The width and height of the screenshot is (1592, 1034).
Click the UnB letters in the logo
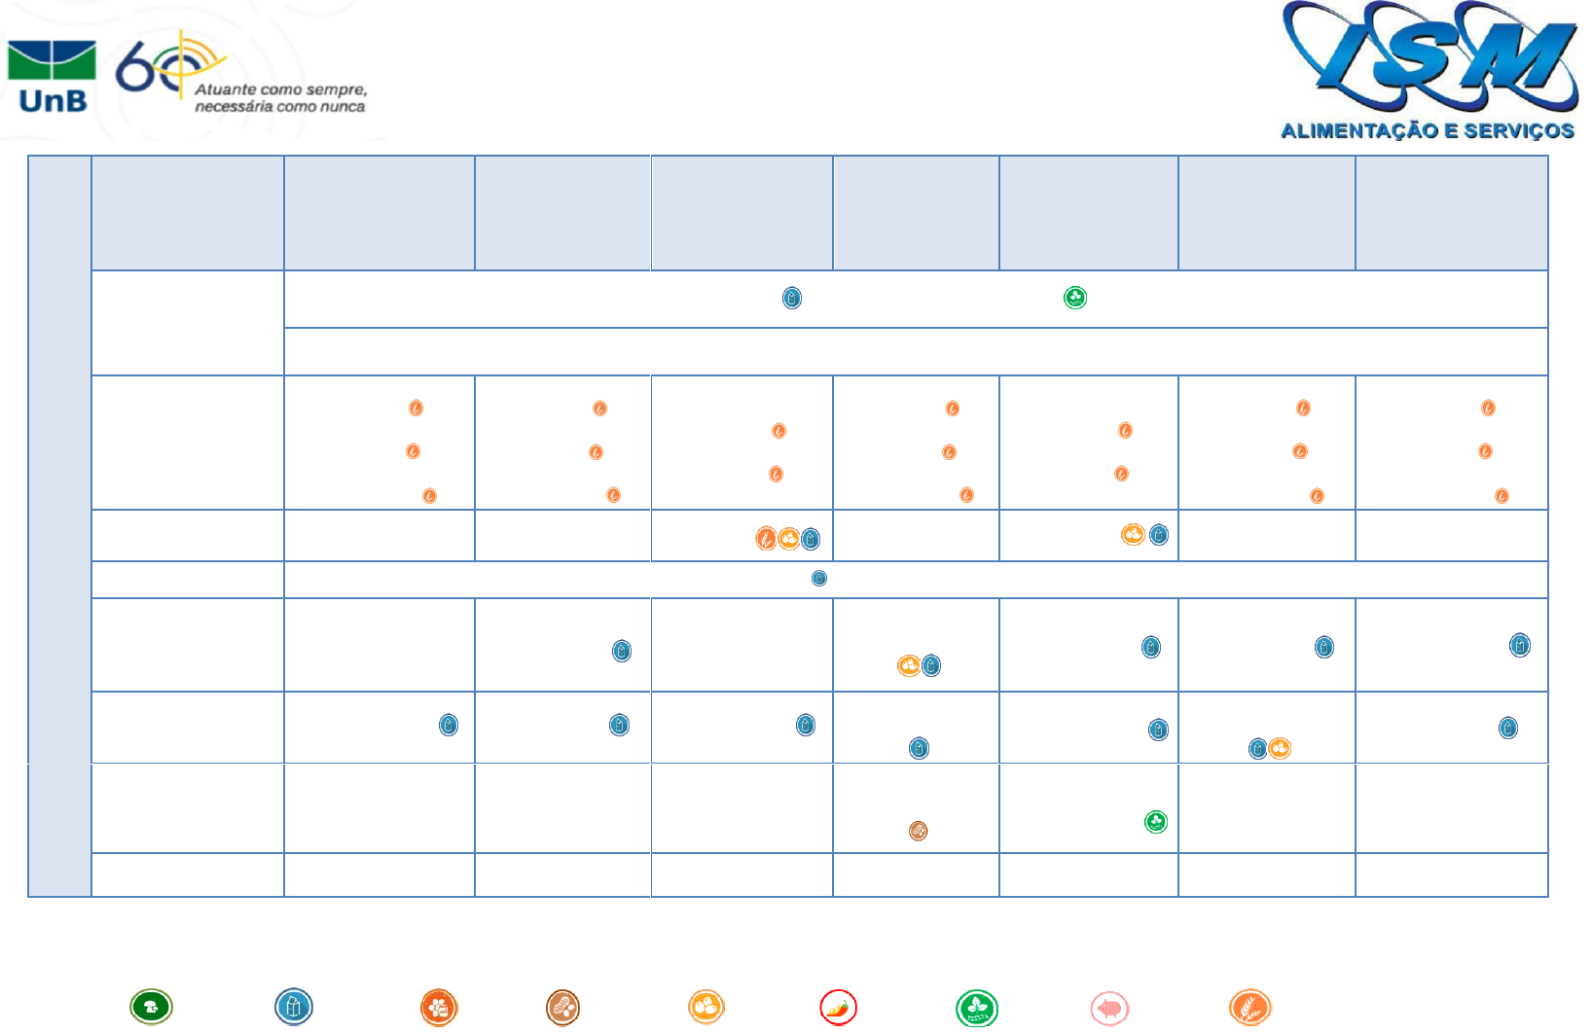click(x=53, y=100)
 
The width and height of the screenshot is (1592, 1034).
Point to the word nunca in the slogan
click(x=343, y=106)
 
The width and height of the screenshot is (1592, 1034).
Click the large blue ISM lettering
click(x=1428, y=58)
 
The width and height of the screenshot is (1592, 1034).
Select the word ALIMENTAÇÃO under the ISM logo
click(x=1358, y=131)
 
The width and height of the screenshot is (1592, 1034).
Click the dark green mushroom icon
click(x=151, y=1007)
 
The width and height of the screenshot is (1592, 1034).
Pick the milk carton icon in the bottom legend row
click(x=293, y=1007)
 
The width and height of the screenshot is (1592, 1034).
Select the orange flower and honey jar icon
click(x=439, y=1007)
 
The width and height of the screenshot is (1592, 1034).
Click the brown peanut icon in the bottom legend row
click(x=562, y=1007)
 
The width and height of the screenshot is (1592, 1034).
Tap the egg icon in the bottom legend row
click(x=706, y=1007)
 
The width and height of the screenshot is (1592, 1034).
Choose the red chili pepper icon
click(x=838, y=1007)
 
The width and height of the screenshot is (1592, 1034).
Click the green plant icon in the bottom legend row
click(x=976, y=1007)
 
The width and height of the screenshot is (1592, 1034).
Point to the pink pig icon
click(x=1109, y=1008)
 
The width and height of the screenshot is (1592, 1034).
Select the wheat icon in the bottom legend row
click(x=1249, y=1007)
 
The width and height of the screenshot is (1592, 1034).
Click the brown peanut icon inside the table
click(x=918, y=831)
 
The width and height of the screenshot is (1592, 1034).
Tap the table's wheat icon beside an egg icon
click(x=767, y=538)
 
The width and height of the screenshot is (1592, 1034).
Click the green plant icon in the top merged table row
click(x=1075, y=298)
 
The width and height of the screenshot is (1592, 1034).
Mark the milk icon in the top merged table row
click(x=792, y=298)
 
